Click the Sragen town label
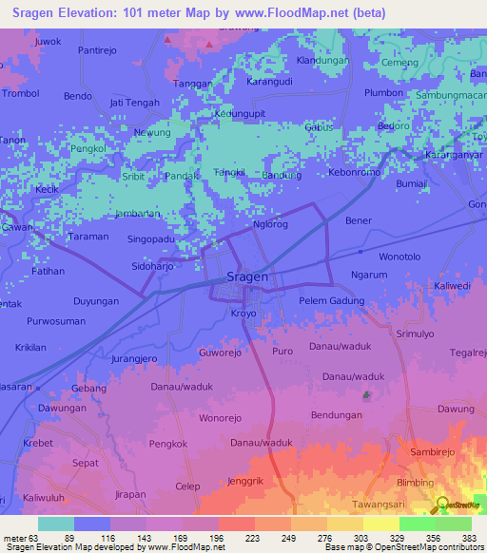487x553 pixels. point(247,277)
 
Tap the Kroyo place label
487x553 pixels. point(244,313)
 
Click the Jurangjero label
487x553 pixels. point(133,359)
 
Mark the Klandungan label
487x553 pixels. point(323,60)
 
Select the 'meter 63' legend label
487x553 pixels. point(21,538)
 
